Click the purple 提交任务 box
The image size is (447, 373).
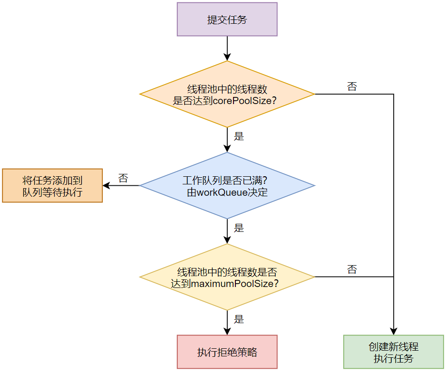click(227, 19)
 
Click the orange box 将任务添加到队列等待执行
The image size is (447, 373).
click(52, 186)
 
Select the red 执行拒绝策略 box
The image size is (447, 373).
click(227, 352)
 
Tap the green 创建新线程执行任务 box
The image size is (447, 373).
click(393, 352)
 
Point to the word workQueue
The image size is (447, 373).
click(222, 193)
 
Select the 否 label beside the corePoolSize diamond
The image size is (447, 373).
click(352, 86)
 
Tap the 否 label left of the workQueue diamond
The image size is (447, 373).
click(123, 178)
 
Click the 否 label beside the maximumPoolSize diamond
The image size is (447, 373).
click(352, 270)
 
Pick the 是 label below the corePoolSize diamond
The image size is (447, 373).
click(239, 136)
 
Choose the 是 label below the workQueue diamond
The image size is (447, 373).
click(239, 228)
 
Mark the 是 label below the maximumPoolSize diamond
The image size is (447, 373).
click(239, 319)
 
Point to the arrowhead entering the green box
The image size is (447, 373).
click(393, 331)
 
